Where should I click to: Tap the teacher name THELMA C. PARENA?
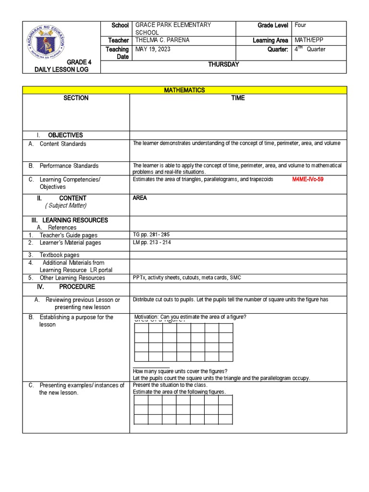[163, 40]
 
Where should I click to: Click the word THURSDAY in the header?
[223, 65]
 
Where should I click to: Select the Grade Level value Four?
[301, 25]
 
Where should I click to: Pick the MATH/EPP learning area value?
[310, 40]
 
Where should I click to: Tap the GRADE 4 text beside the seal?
[78, 62]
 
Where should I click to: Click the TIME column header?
[238, 98]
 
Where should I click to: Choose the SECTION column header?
[76, 98]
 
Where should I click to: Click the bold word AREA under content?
[140, 198]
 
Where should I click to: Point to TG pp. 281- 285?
[151, 234]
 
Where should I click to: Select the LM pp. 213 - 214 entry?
[151, 243]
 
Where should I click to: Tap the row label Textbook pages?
[60, 255]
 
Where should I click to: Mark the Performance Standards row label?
[69, 166]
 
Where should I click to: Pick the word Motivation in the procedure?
[147, 317]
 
